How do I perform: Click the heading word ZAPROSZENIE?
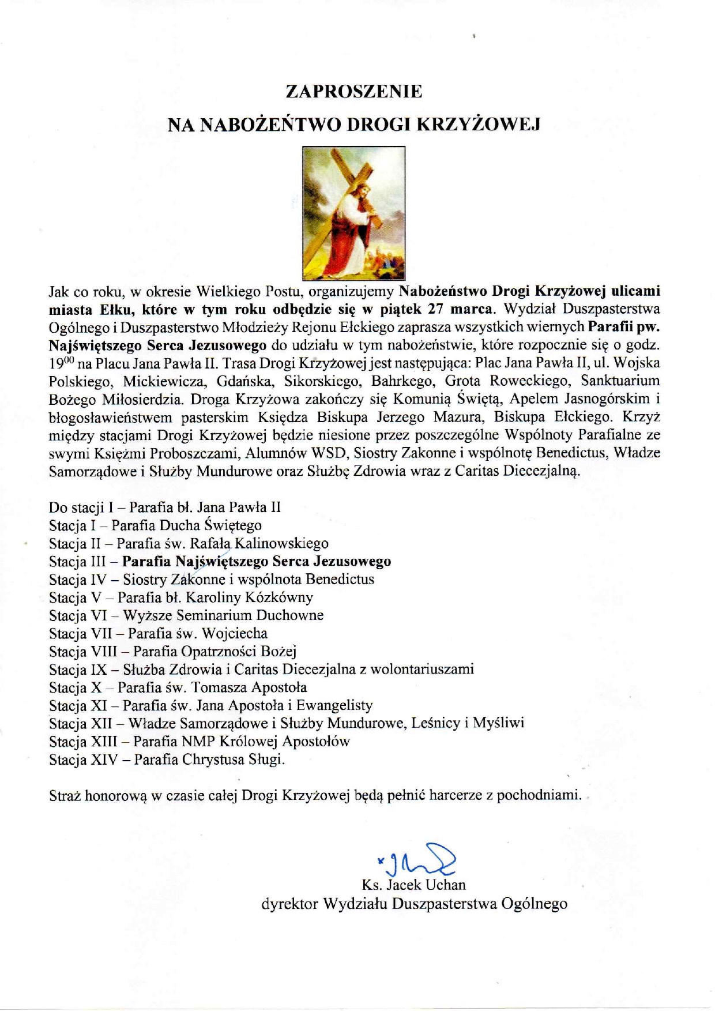tap(354, 91)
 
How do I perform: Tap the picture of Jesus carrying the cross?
tap(354, 213)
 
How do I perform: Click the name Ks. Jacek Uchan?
tap(413, 885)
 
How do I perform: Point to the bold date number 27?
tap(436, 309)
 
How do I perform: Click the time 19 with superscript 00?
tap(58, 363)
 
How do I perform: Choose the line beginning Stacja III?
tap(220, 561)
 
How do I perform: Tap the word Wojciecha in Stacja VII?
tap(235, 633)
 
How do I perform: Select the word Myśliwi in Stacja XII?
tap(498, 723)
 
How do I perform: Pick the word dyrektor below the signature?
tap(289, 904)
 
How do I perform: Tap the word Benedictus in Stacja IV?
tap(340, 579)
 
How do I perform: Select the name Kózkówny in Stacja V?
tap(279, 597)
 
